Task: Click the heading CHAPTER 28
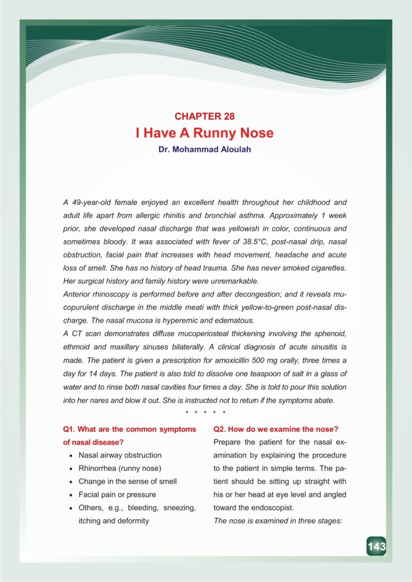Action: coord(205,116)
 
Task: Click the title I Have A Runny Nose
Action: coord(205,132)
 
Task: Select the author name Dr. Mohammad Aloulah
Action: coord(205,149)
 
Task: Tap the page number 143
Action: coord(376,547)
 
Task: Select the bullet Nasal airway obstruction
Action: coord(120,455)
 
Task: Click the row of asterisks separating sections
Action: coord(205,412)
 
